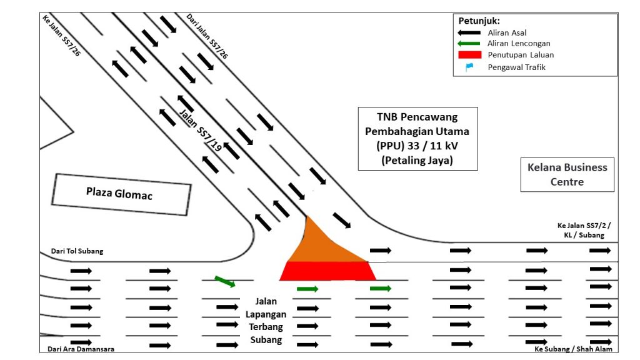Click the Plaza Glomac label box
[x=121, y=194]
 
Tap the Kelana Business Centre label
[x=567, y=174]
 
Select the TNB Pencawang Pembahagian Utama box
[x=417, y=138]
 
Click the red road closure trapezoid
[x=327, y=271]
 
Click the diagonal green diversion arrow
[x=225, y=281]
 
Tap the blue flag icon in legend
[x=469, y=67]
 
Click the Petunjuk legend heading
[x=479, y=21]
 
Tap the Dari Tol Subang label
[x=77, y=251]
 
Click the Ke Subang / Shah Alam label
[x=573, y=349]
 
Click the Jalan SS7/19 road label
[x=200, y=130]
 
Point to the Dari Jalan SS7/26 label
[x=207, y=36]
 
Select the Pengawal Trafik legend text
[x=516, y=67]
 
